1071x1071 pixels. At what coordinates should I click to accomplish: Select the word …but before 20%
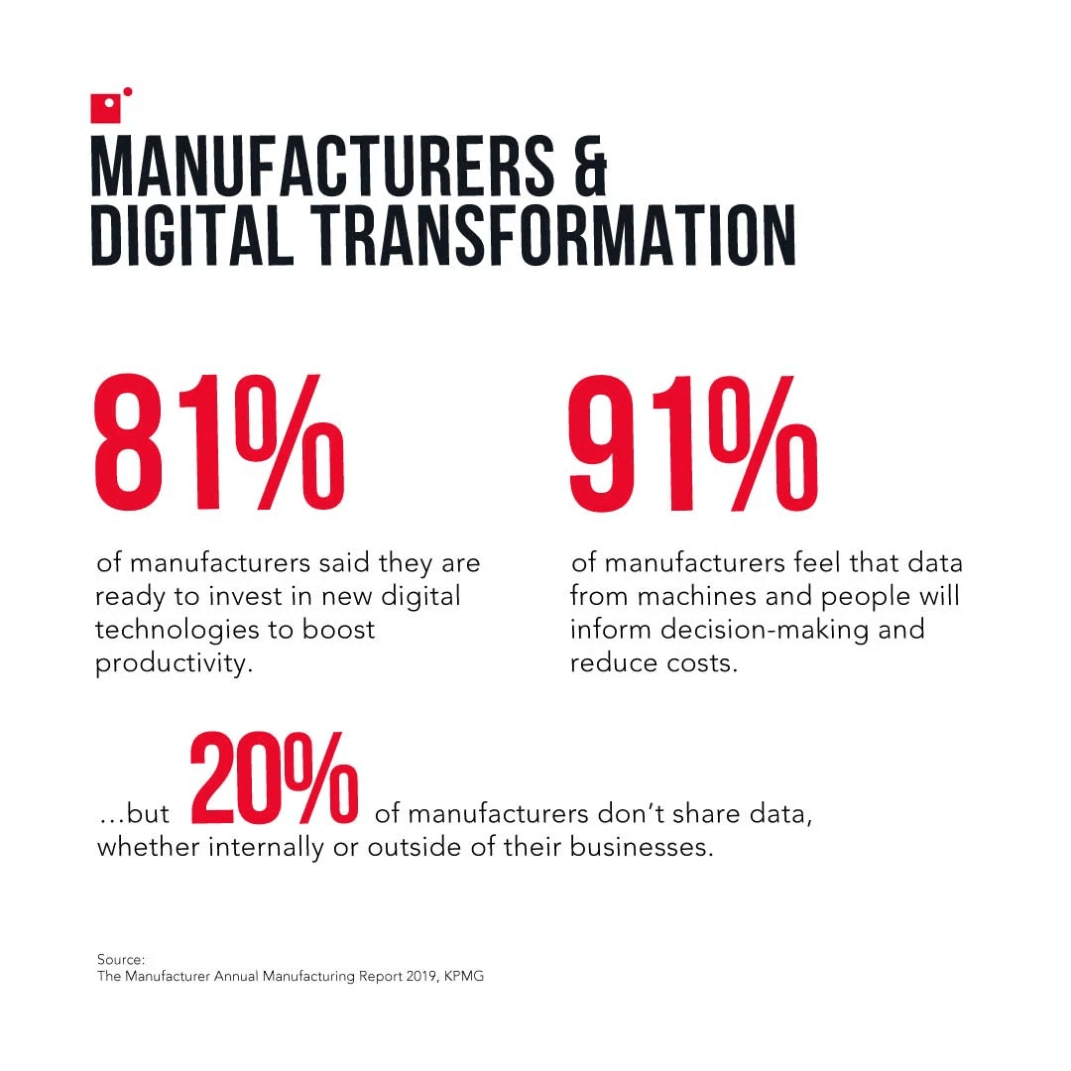pyautogui.click(x=134, y=815)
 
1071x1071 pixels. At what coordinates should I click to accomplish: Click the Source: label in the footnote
pyautogui.click(x=121, y=959)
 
